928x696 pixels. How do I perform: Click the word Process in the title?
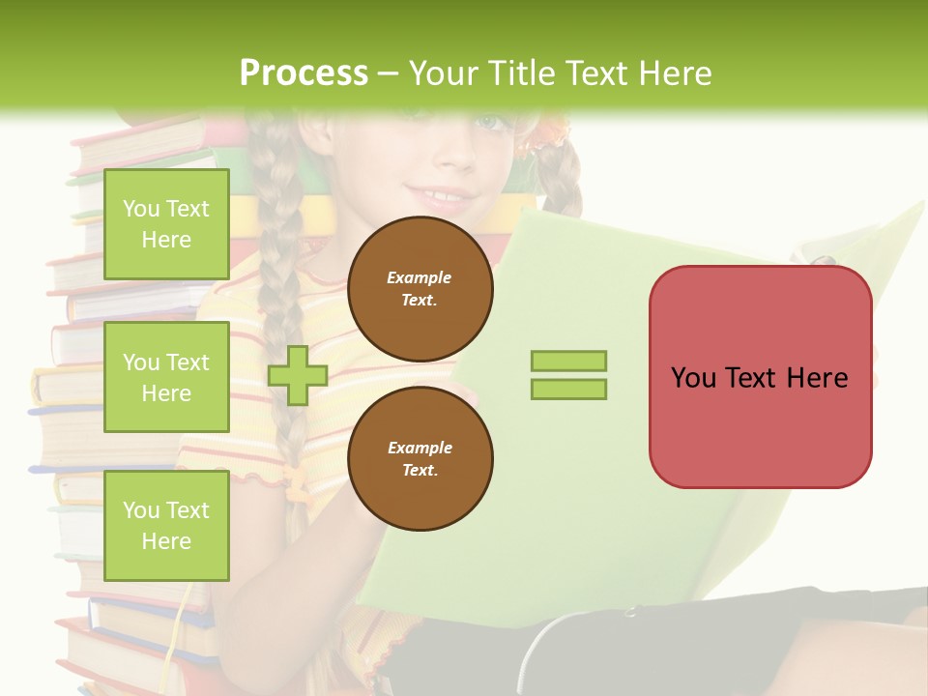[304, 73]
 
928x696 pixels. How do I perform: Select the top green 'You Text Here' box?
[166, 224]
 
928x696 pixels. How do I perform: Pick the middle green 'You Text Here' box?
[166, 377]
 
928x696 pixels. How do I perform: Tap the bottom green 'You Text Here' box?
[166, 525]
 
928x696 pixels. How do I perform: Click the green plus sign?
[298, 375]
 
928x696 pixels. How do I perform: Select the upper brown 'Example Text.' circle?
[420, 288]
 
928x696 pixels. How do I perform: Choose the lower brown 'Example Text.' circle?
[420, 458]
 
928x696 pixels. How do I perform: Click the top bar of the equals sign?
[568, 361]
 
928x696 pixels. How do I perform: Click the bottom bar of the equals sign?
[568, 389]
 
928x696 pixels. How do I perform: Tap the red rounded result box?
[760, 425]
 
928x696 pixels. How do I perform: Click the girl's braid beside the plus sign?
[280, 290]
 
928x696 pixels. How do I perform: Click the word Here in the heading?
[674, 73]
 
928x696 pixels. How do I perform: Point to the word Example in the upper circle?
[420, 277]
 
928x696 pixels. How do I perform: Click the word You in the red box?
[693, 377]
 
